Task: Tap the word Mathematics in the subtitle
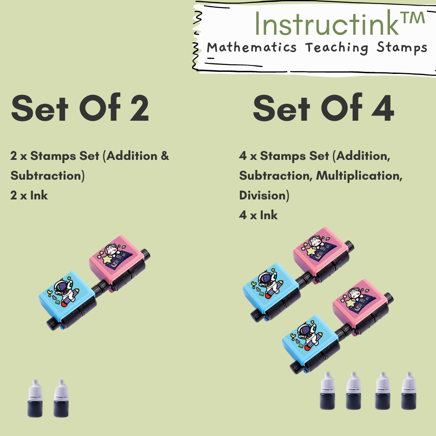point(252,47)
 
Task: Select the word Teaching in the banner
point(337,48)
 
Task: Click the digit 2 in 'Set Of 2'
point(139,108)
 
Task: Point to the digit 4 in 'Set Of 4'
point(383,108)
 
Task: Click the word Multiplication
point(359,176)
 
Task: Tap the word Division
point(262,195)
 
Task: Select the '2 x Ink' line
point(29,195)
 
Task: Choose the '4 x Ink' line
point(258,215)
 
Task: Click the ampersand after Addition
point(165,156)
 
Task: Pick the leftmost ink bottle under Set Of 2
point(35,398)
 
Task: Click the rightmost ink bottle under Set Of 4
point(409,390)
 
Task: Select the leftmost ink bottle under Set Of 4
point(327,390)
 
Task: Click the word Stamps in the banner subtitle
point(402,48)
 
